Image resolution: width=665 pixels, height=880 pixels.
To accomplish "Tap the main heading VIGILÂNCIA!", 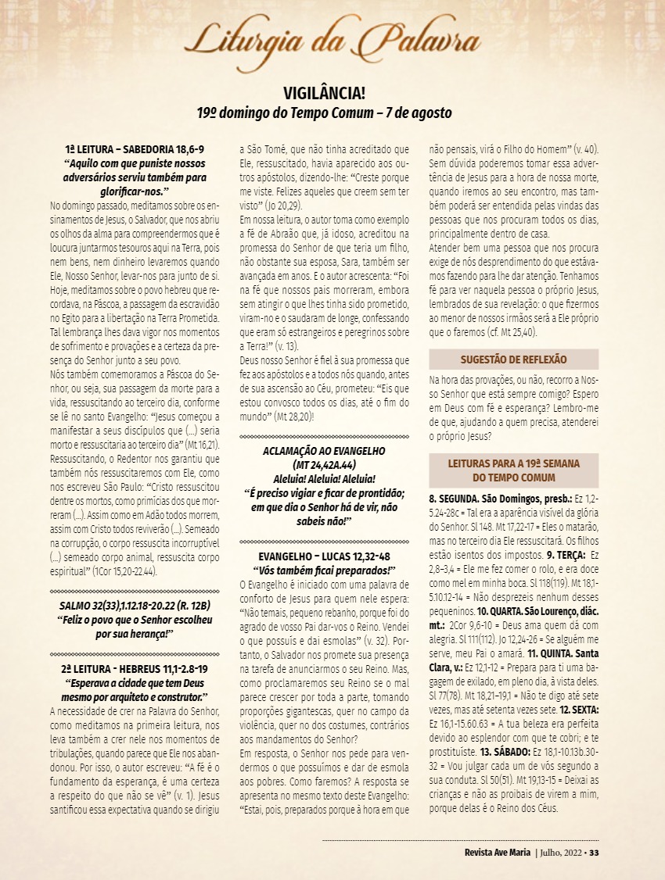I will [x=324, y=94].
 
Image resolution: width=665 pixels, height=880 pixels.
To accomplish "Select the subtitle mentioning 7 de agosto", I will [x=324, y=113].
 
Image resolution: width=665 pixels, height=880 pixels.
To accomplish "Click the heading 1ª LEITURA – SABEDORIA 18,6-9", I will [x=135, y=148].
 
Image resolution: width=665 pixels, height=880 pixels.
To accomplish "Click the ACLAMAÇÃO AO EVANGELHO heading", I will [x=324, y=453].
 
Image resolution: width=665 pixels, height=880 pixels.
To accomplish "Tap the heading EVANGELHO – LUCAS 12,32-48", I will [x=324, y=556].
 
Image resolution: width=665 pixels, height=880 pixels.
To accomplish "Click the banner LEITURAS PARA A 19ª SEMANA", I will [x=513, y=470].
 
